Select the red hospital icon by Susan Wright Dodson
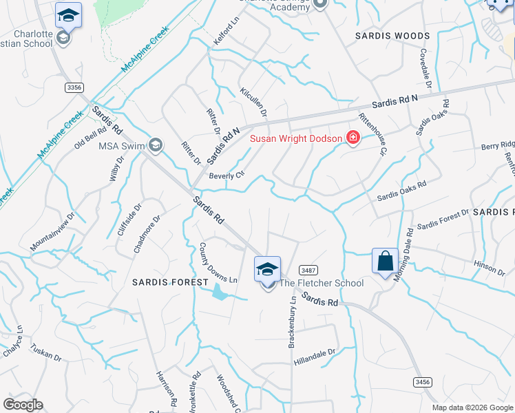(x=353, y=138)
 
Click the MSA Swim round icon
(x=156, y=145)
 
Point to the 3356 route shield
(x=75, y=87)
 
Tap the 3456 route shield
(x=423, y=381)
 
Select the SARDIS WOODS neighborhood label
(x=392, y=35)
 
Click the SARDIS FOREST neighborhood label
(x=171, y=282)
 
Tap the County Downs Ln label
(x=218, y=262)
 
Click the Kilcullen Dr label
(x=253, y=101)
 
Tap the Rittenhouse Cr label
(x=374, y=134)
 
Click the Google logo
(x=23, y=405)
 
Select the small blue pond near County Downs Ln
(x=220, y=293)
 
